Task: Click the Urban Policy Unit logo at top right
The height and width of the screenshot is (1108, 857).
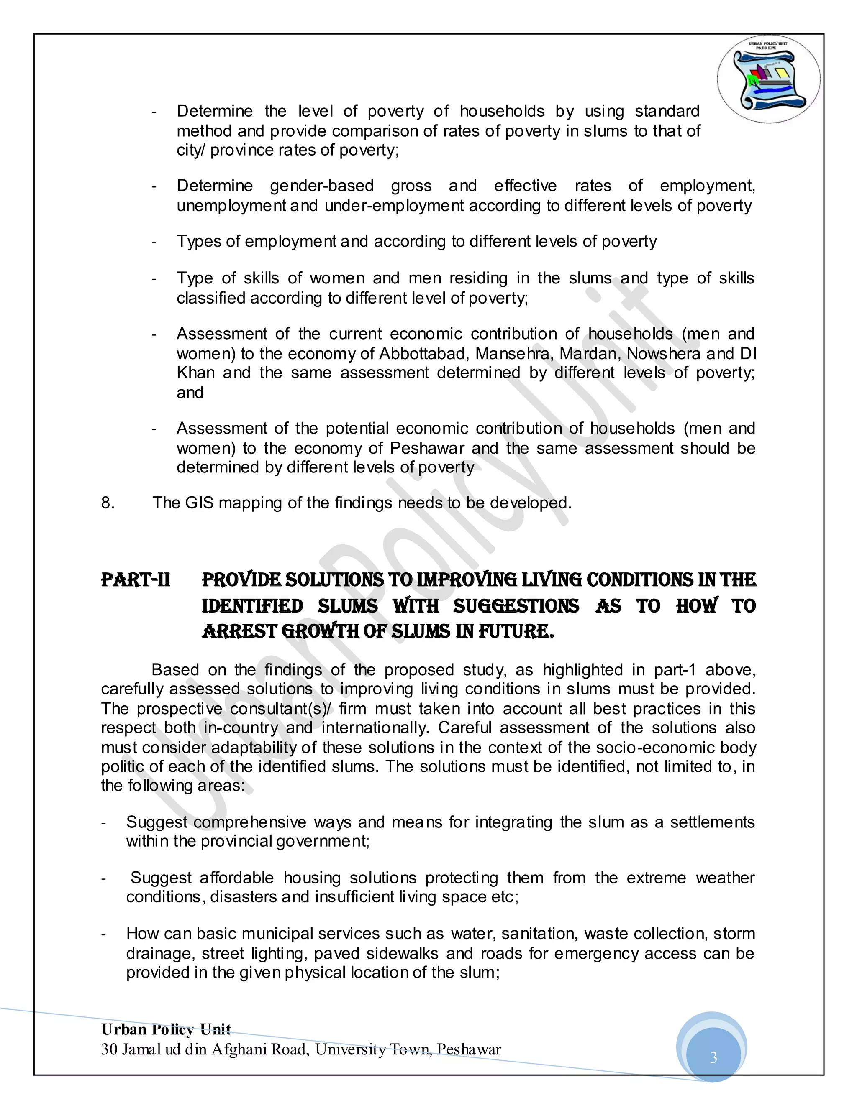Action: tap(769, 79)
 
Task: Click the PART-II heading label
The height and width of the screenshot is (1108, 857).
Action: tap(136, 580)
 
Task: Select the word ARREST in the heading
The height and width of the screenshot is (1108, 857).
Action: tap(239, 632)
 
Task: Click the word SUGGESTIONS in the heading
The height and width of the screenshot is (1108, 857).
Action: tap(516, 606)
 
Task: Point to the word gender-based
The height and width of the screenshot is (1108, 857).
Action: tap(321, 186)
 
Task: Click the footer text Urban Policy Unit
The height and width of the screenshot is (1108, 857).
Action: tap(166, 1029)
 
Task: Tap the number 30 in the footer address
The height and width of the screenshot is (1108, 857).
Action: tap(109, 1049)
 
